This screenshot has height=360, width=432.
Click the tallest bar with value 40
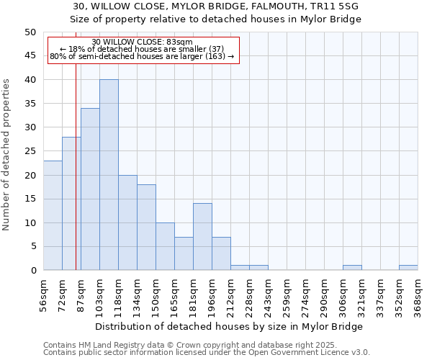coord(109,175)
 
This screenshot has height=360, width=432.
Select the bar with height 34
coord(90,189)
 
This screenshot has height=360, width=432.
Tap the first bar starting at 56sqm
coord(53,215)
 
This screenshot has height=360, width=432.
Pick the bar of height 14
coord(202,237)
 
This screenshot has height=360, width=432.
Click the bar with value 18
coord(146,228)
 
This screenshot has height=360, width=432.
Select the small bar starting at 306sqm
coord(352,268)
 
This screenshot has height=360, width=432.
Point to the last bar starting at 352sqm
coord(408,268)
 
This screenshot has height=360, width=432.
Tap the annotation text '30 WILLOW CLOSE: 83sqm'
coord(143,42)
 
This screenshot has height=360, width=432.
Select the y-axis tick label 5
coord(32,247)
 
